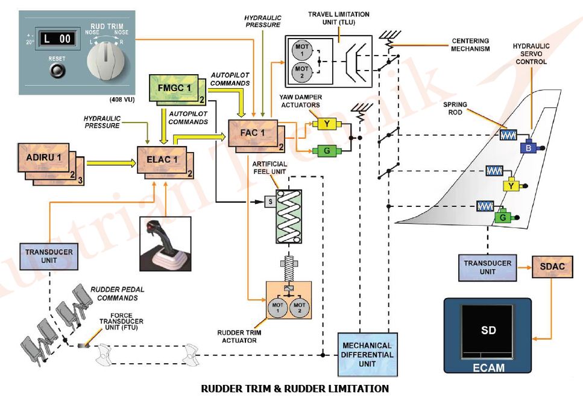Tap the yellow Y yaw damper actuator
pos(326,124)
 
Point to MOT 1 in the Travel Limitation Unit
pos(300,49)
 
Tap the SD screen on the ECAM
pos(488,331)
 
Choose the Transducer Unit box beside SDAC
pos(487,267)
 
